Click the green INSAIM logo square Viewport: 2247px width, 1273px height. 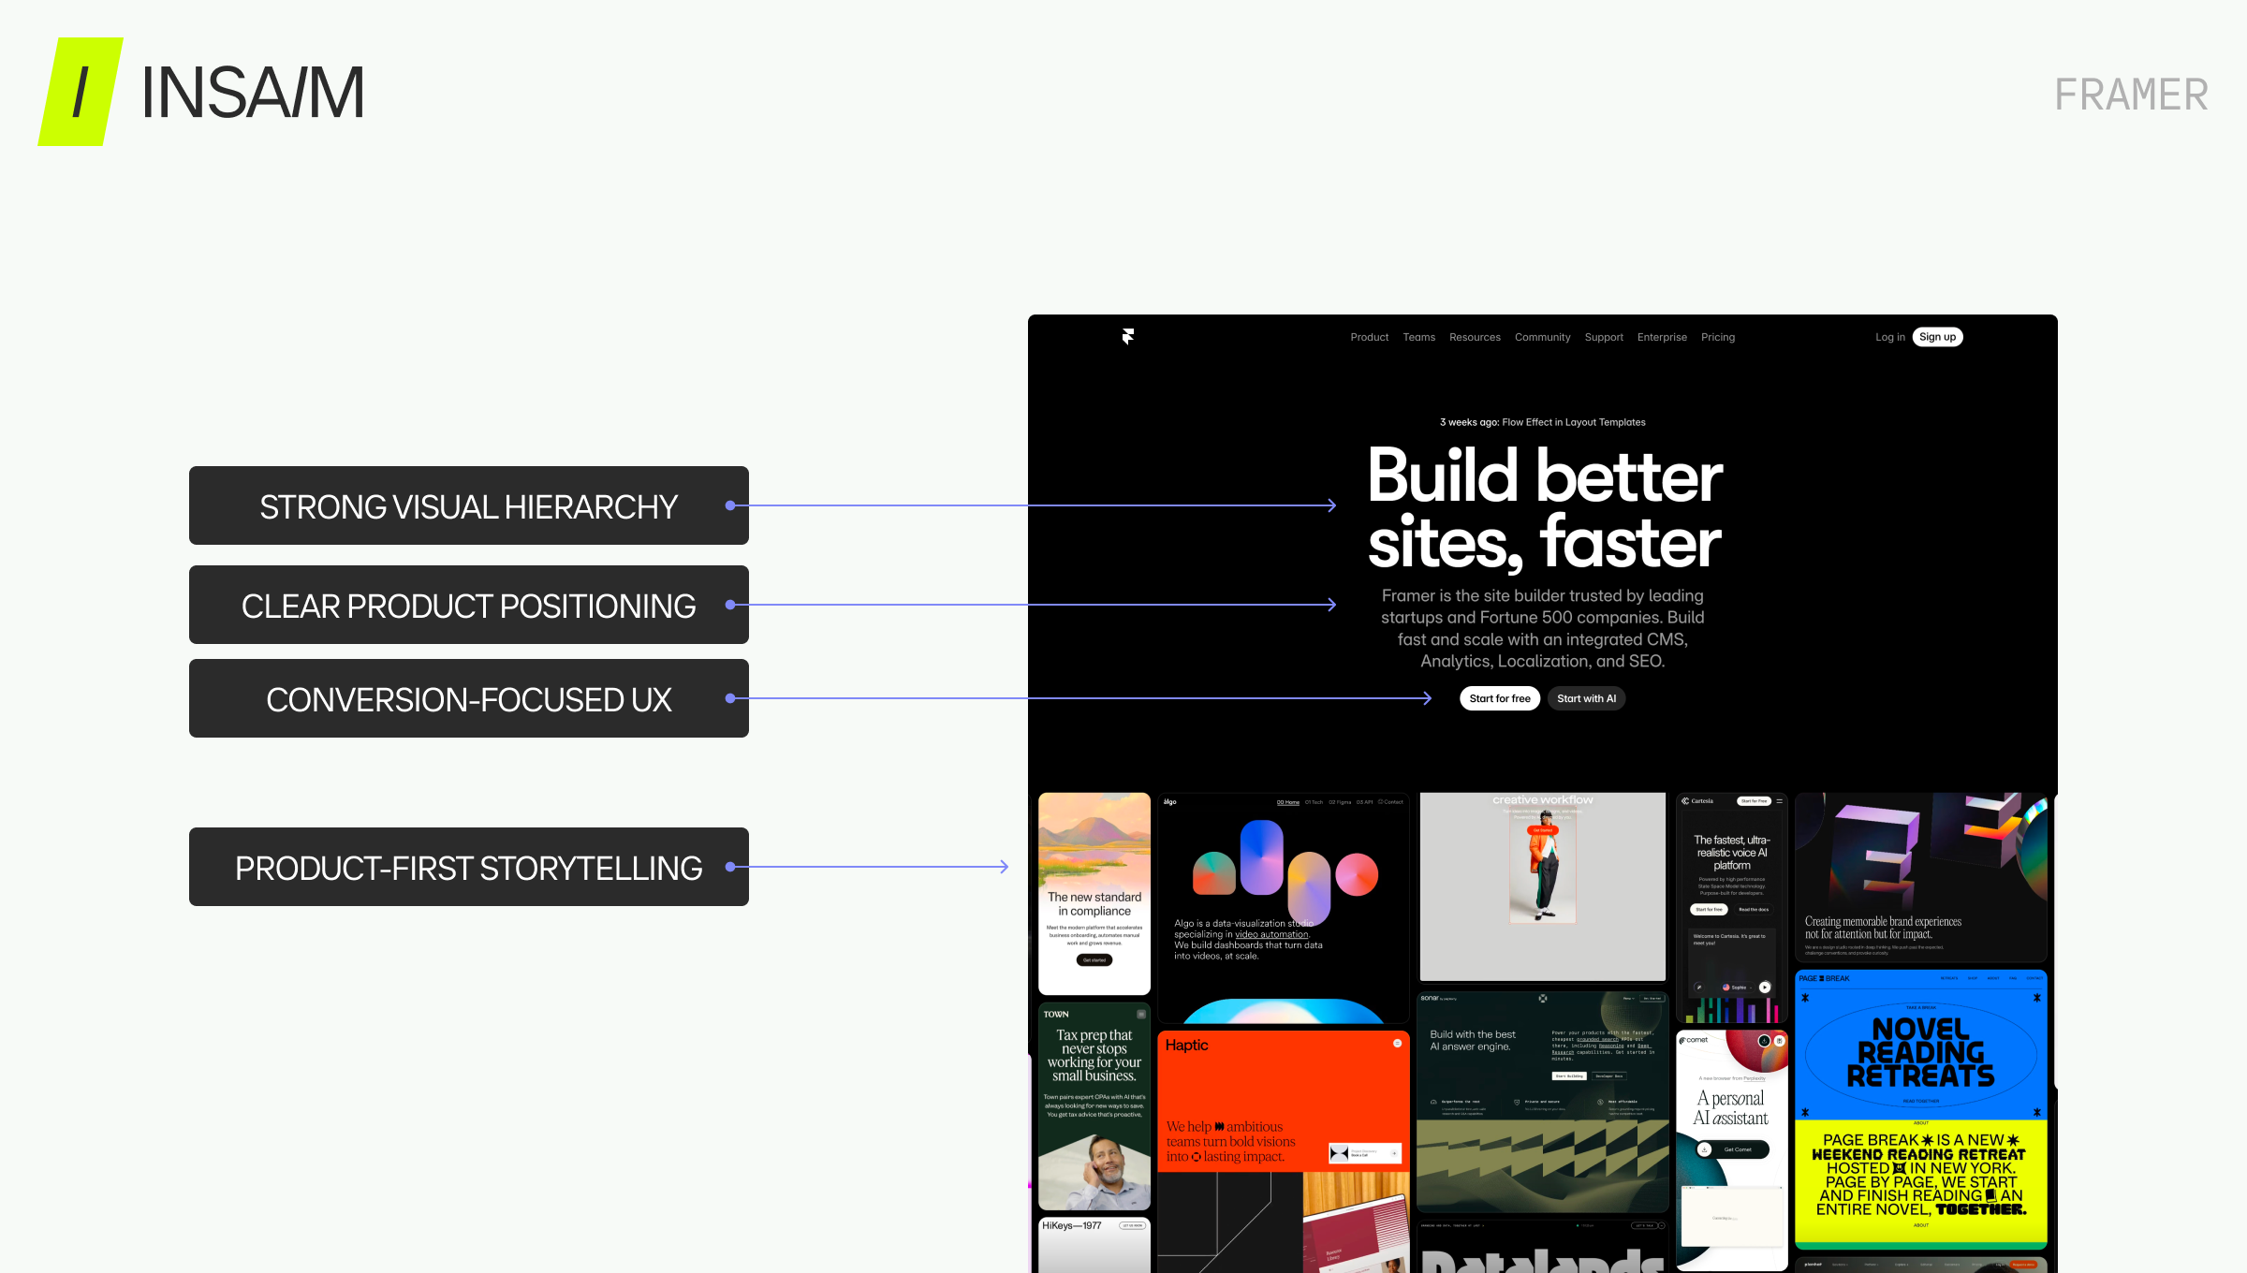[x=81, y=92]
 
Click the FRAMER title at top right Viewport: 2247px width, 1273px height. [x=2131, y=95]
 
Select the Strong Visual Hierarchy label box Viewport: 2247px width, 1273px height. [x=468, y=505]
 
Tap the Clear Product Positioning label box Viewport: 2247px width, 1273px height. [x=468, y=605]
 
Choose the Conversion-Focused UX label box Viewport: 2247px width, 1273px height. [x=468, y=698]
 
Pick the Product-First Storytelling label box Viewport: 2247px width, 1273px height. [x=468, y=867]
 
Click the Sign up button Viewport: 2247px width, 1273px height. [x=1937, y=337]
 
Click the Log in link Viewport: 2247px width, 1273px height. [x=1889, y=337]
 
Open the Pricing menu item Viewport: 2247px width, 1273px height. [x=1717, y=337]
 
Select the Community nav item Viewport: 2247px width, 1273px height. [x=1542, y=337]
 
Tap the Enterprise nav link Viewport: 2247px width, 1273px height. [x=1662, y=337]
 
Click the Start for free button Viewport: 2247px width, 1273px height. [x=1499, y=698]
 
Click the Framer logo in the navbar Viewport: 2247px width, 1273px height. [x=1128, y=337]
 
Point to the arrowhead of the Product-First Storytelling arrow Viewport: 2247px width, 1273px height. [x=1005, y=867]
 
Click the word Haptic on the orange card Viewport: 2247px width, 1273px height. [x=1186, y=1045]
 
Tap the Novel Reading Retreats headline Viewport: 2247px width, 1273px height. [x=1920, y=1053]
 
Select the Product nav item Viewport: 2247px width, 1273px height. [x=1369, y=337]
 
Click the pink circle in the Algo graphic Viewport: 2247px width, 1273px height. [x=1357, y=874]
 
